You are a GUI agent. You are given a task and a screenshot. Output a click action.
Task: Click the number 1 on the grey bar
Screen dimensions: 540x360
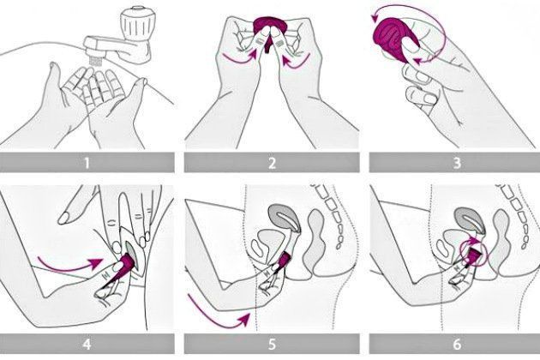[x=87, y=163]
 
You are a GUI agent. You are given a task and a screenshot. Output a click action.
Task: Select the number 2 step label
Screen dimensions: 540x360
[x=272, y=163]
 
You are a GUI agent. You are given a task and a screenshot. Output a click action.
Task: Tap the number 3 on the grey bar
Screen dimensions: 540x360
[x=457, y=163]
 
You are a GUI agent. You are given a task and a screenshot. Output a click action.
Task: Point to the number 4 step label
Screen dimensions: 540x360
[x=87, y=344]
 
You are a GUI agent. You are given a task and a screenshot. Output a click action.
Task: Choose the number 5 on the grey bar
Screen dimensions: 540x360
[x=272, y=344]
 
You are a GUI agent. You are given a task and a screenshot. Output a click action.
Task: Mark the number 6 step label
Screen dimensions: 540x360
[x=457, y=344]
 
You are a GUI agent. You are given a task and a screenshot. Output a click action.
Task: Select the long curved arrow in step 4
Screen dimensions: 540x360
[x=69, y=265]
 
